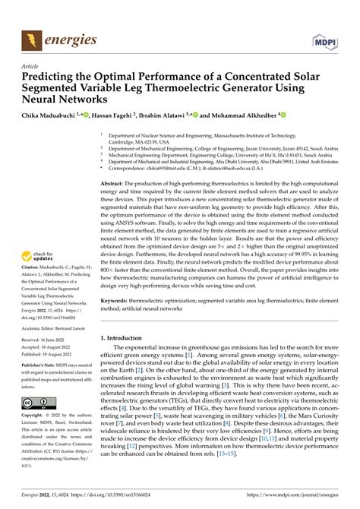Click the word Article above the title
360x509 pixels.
(31, 66)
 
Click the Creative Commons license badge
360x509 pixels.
(36, 404)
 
